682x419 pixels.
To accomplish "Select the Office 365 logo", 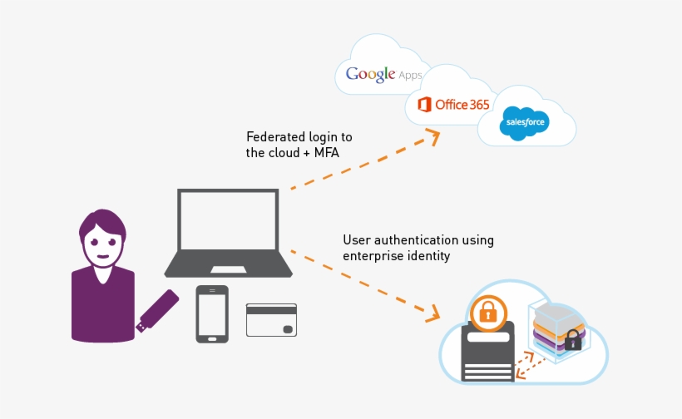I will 453,105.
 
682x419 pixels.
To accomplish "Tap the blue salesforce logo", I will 524,124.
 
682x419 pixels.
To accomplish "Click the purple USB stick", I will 157,310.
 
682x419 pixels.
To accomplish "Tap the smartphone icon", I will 212,313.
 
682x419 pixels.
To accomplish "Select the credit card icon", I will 271,319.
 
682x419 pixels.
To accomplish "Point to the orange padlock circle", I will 487,313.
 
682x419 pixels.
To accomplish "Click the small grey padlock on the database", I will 572,338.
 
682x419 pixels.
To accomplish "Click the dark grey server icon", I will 487,353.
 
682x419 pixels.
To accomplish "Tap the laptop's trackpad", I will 228,269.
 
